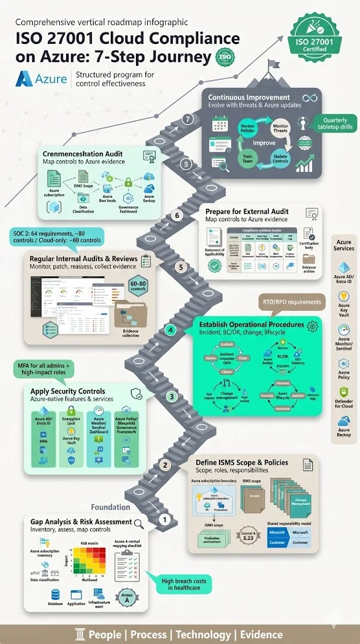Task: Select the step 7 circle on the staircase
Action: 187,119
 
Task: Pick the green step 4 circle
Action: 169,330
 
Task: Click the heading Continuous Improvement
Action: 249,97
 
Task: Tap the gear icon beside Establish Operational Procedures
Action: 311,325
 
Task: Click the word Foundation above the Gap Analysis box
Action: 111,507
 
